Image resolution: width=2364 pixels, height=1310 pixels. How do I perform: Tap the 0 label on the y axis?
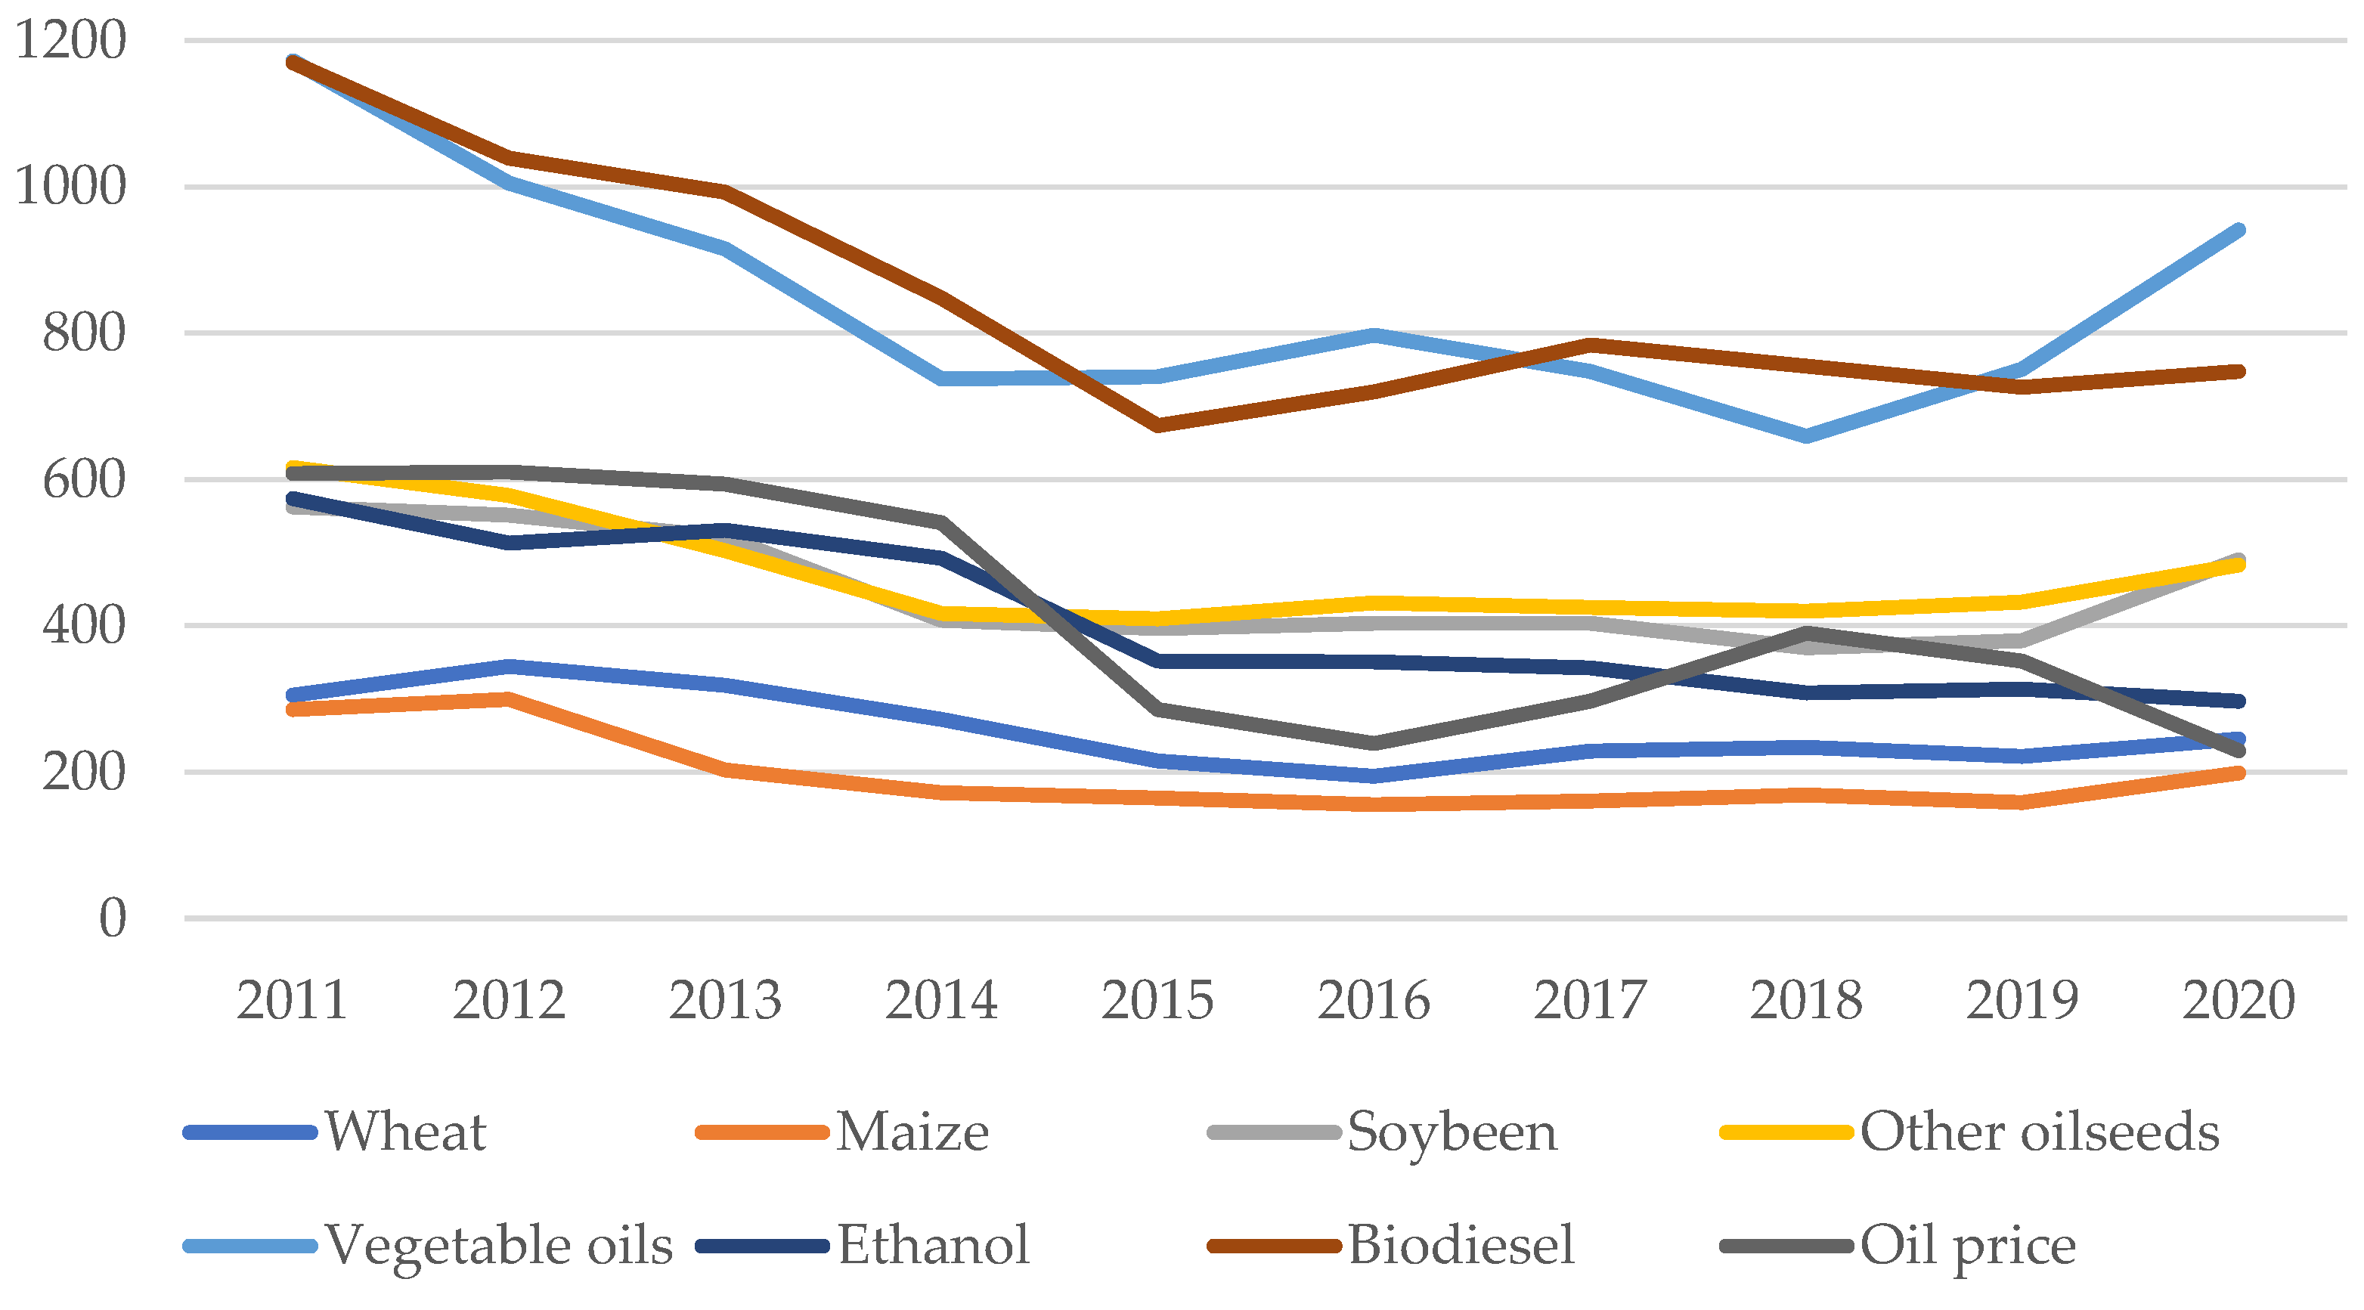[x=112, y=918]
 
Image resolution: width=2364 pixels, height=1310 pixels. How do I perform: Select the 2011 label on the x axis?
[x=292, y=1000]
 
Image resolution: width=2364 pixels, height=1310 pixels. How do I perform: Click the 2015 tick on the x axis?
[x=1157, y=1000]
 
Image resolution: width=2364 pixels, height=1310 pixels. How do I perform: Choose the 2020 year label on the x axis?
[x=2239, y=1000]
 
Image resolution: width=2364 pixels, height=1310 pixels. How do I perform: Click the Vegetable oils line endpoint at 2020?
[x=2239, y=231]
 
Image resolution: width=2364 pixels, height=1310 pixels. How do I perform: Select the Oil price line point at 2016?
[x=1374, y=742]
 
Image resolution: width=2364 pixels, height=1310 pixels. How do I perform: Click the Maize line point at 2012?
[x=508, y=699]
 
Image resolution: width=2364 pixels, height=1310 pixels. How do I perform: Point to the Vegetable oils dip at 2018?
[x=1806, y=435]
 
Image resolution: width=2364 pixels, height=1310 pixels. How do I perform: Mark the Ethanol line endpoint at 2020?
[x=2239, y=701]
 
